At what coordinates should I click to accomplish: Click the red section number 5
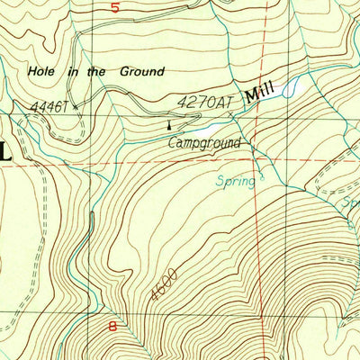click(114, 7)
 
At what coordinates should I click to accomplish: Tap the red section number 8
click(113, 327)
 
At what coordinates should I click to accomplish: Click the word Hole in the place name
click(42, 69)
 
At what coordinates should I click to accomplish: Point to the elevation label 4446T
click(49, 107)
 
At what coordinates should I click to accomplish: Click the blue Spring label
click(235, 180)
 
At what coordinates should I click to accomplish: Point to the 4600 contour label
click(165, 286)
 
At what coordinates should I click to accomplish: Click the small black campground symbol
click(168, 125)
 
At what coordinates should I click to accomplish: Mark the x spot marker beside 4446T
click(76, 106)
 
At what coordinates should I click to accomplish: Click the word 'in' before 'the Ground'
click(71, 69)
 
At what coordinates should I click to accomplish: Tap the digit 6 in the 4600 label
click(161, 291)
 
